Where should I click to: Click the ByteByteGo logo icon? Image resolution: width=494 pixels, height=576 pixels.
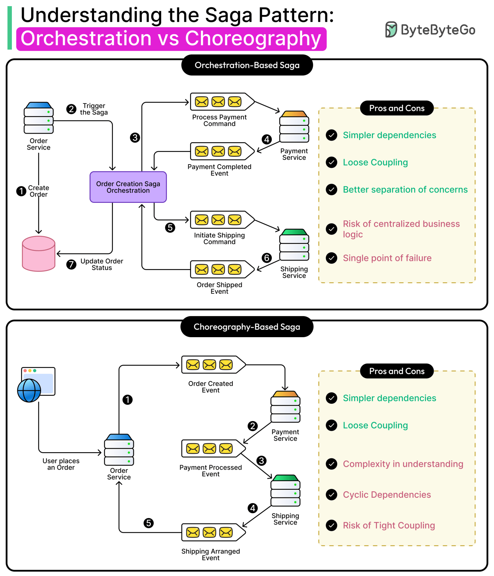pyautogui.click(x=391, y=30)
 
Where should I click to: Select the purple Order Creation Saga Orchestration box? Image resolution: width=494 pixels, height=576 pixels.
pyautogui.click(x=128, y=187)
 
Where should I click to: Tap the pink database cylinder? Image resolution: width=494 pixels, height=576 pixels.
pyautogui.click(x=38, y=254)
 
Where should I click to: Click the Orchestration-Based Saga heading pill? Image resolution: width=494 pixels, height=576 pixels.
pyautogui.click(x=247, y=65)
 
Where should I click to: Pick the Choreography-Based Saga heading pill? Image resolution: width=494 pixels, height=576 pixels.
pyautogui.click(x=247, y=327)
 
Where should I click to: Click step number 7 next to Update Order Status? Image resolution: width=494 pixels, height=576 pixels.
pyautogui.click(x=71, y=264)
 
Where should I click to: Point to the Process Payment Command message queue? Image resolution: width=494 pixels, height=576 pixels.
pyautogui.click(x=222, y=102)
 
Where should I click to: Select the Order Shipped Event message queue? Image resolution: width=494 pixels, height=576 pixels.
pyautogui.click(x=222, y=270)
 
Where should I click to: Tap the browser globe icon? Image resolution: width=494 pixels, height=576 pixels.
pyautogui.click(x=30, y=390)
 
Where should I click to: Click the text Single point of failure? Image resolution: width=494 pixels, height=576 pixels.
pyautogui.click(x=387, y=258)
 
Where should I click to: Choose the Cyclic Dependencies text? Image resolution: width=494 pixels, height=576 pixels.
pyautogui.click(x=386, y=495)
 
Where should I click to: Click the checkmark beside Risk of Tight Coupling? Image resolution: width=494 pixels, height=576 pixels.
pyautogui.click(x=331, y=525)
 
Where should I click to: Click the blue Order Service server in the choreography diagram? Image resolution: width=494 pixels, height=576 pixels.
pyautogui.click(x=119, y=450)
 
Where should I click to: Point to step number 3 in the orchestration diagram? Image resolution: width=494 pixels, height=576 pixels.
pyautogui.click(x=135, y=138)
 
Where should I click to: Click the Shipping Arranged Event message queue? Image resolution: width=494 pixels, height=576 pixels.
pyautogui.click(x=213, y=533)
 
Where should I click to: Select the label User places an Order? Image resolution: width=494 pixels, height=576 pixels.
pyautogui.click(x=61, y=464)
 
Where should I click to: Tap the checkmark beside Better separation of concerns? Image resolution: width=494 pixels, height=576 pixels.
pyautogui.click(x=331, y=190)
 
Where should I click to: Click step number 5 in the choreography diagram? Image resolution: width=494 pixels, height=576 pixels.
pyautogui.click(x=149, y=523)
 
